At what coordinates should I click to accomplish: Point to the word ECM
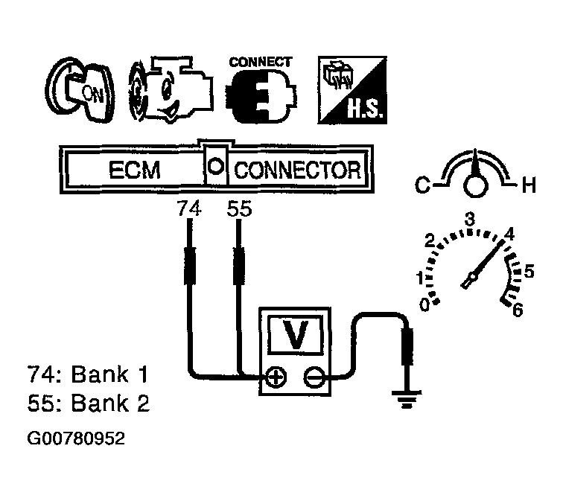click(x=134, y=170)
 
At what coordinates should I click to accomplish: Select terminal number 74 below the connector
click(x=189, y=210)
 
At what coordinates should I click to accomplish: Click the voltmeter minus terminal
click(x=314, y=378)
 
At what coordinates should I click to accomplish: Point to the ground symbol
click(x=406, y=403)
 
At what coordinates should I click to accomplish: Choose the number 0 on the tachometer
click(x=424, y=304)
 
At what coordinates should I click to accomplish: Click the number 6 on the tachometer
click(x=516, y=308)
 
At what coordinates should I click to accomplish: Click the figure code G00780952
click(x=75, y=438)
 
